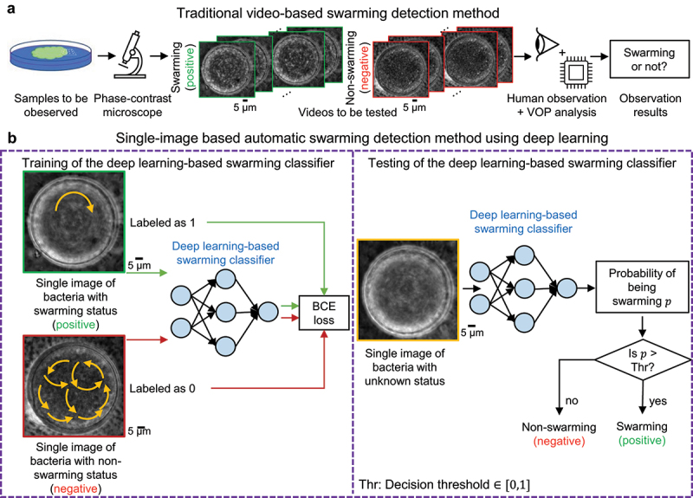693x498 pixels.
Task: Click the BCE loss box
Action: [322, 313]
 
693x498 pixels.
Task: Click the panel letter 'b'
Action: [9, 139]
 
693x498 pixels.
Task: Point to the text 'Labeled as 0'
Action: [191, 389]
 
